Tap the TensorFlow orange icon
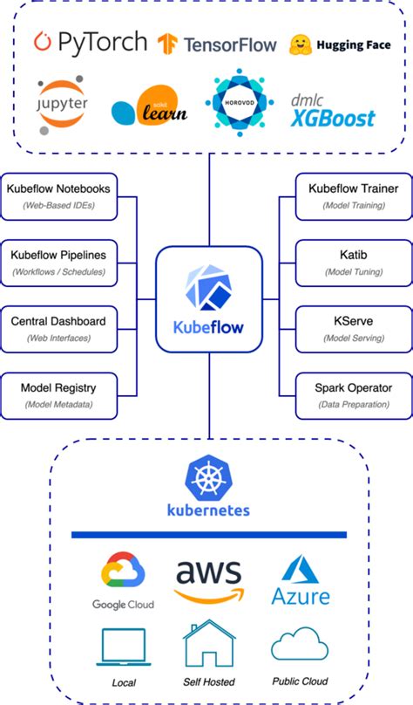point(168,43)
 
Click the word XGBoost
point(333,118)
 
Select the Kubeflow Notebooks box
point(58,195)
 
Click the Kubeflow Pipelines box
point(58,262)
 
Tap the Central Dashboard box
point(58,328)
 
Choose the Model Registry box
point(58,394)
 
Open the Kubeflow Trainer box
point(354,195)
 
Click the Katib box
point(354,262)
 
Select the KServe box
point(354,328)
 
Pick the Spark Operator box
point(354,394)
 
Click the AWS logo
point(209,579)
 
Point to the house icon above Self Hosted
point(208,645)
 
